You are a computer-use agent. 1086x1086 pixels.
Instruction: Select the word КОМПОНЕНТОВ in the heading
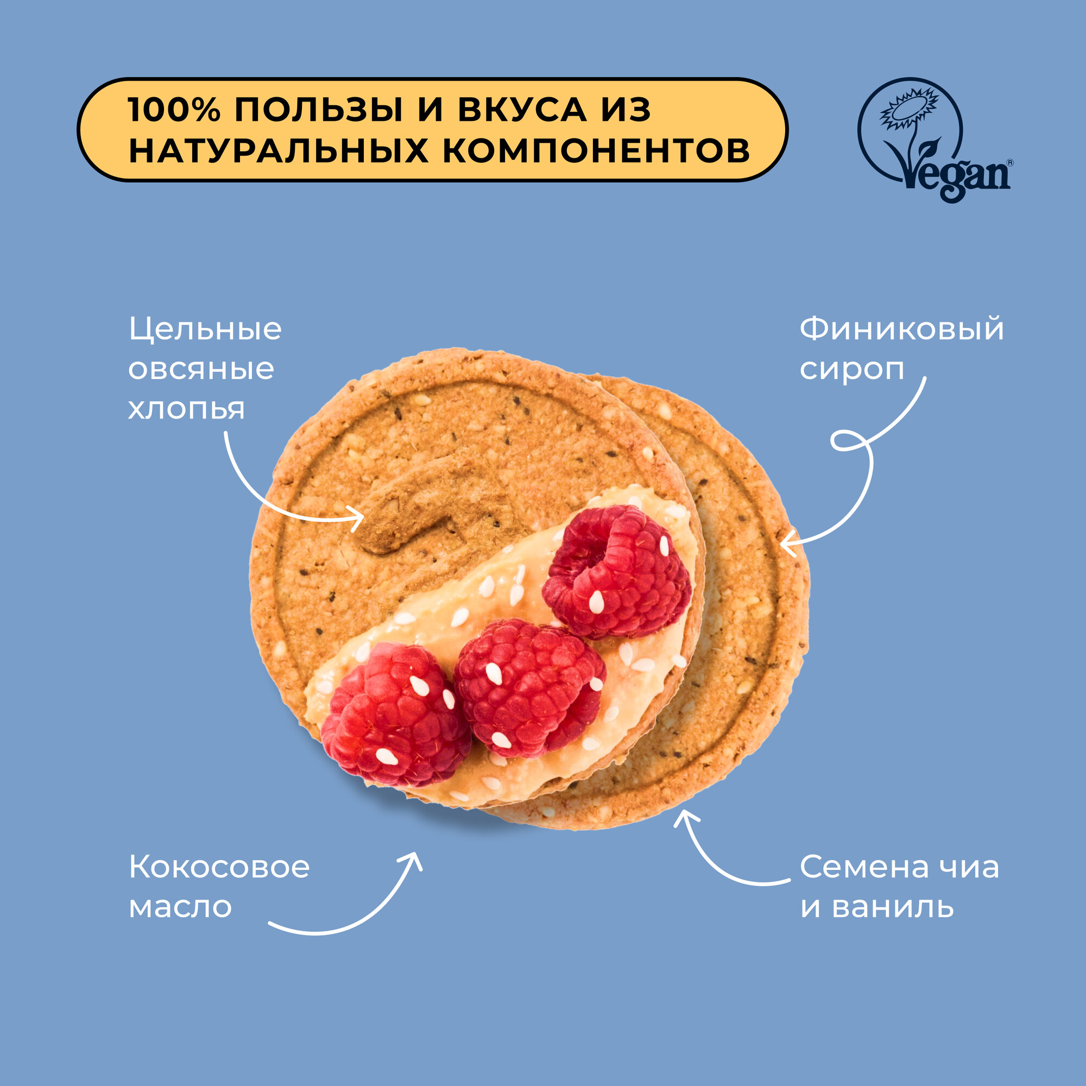coord(596,150)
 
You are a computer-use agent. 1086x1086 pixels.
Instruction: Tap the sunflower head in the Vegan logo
coord(909,108)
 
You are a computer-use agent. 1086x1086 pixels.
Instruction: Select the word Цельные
coord(205,329)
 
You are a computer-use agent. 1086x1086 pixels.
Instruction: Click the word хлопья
coord(187,409)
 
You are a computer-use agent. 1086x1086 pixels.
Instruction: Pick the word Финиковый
coord(901,329)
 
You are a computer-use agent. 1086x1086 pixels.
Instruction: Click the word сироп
coord(852,369)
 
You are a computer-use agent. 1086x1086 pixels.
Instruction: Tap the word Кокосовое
coord(219,867)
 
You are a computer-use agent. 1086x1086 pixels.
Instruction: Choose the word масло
coord(180,907)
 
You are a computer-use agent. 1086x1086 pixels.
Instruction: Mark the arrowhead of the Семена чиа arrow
coord(684,817)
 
